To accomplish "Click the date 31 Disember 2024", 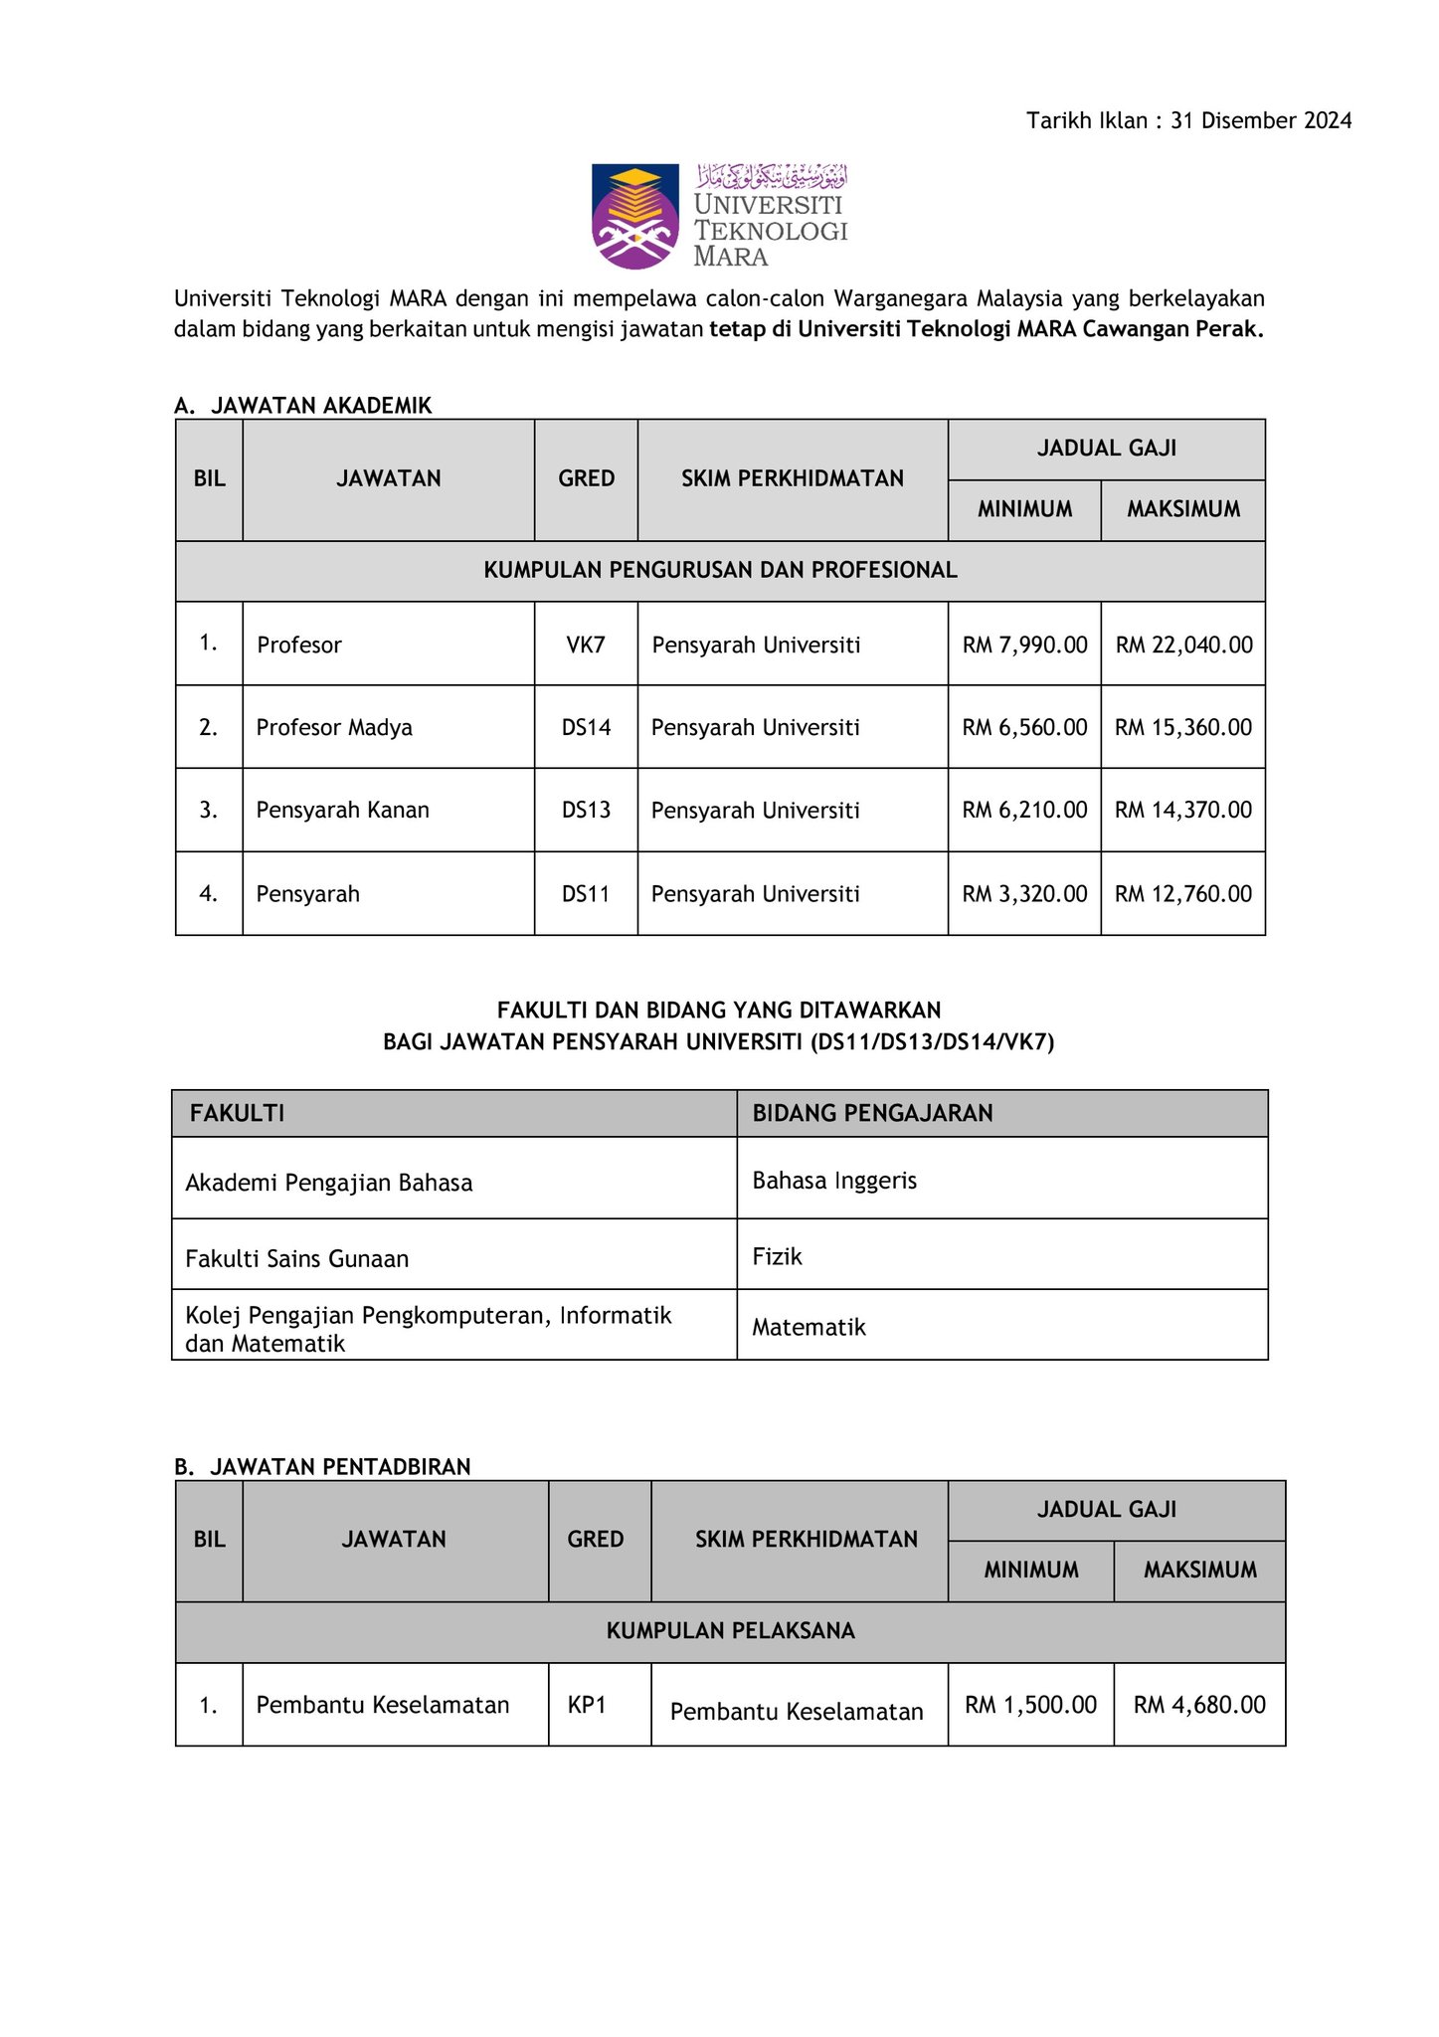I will (1261, 121).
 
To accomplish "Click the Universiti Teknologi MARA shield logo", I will (635, 216).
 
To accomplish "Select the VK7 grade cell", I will (586, 645).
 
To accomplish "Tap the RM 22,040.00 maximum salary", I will (1183, 645).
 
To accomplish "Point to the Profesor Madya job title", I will (334, 727).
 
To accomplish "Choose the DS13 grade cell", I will (586, 810).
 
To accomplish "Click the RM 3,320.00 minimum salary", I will (1024, 893).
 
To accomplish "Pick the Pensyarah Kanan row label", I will (343, 810).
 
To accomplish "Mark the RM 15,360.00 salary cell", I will (1183, 727).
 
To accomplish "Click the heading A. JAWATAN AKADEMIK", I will (303, 405).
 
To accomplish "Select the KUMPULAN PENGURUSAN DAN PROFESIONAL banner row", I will (720, 570).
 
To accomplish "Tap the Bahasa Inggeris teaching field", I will (834, 1181).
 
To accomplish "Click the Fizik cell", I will (777, 1256).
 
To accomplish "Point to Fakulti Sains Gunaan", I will (297, 1259).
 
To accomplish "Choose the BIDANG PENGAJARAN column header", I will (872, 1113).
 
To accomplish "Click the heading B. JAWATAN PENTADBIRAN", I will (322, 1466).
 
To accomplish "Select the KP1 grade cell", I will (587, 1705).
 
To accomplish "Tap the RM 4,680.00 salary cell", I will (1199, 1705).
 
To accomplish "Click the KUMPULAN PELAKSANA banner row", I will (730, 1630).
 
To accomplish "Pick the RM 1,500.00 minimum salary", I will (1030, 1705).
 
